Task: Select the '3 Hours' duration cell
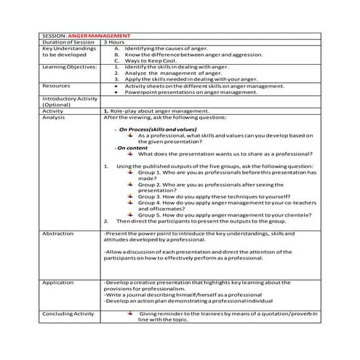pyautogui.click(x=114, y=42)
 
